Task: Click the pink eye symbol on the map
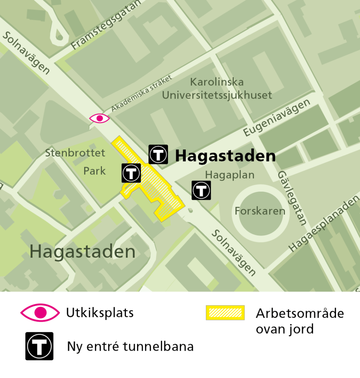click(99, 118)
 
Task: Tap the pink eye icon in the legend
click(40, 313)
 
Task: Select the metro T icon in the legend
click(39, 346)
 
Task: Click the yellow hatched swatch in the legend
click(225, 313)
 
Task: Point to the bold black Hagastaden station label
click(225, 156)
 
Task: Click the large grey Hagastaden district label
click(82, 252)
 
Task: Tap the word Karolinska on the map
click(217, 82)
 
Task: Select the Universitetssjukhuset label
click(217, 95)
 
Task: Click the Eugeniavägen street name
click(277, 118)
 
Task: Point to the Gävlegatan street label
click(292, 198)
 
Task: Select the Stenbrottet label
click(75, 153)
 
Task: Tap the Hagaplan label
click(230, 175)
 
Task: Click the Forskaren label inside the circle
click(260, 211)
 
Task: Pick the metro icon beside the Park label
click(131, 173)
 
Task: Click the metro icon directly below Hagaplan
click(201, 190)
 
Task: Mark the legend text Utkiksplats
click(100, 313)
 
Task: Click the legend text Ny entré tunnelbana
click(130, 347)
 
